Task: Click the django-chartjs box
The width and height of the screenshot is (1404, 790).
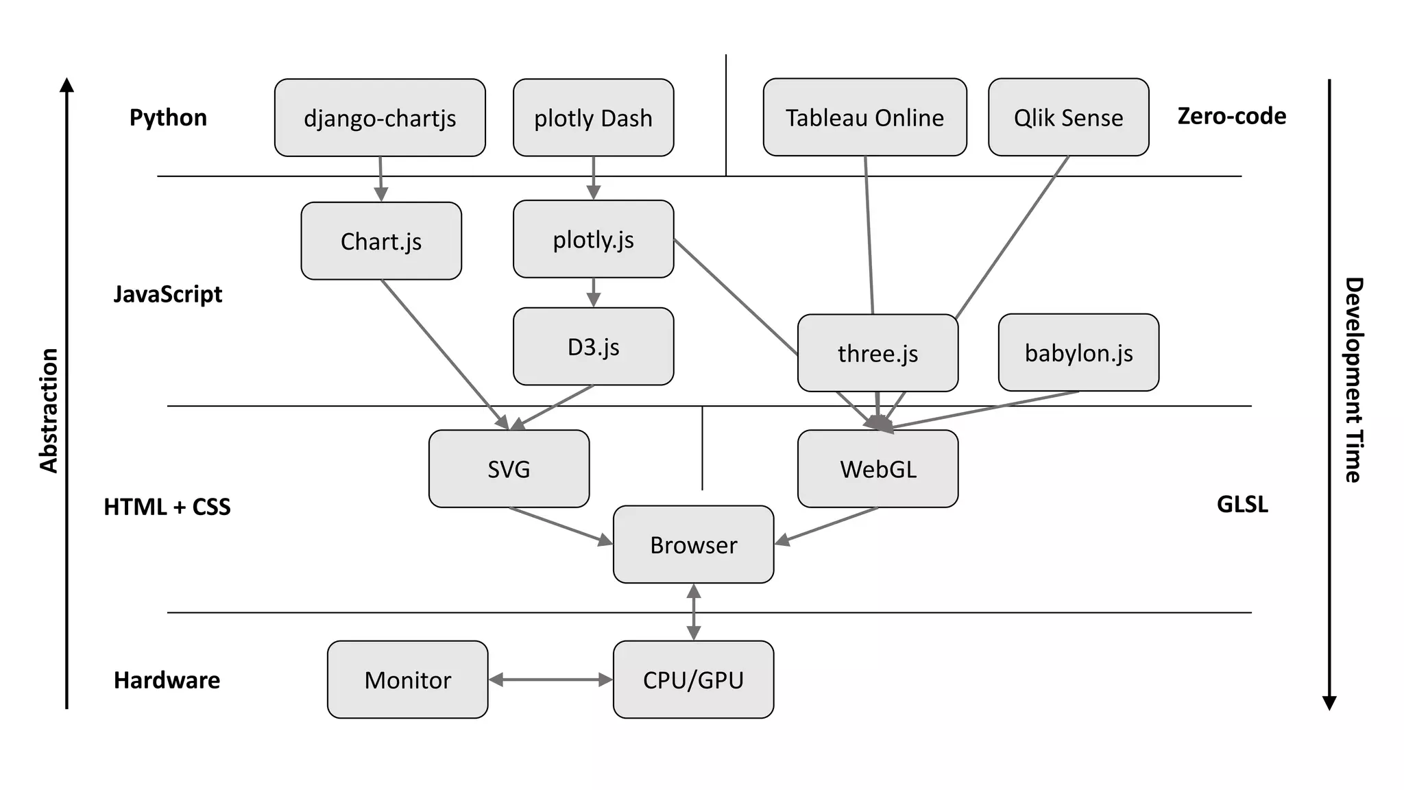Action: [x=380, y=118]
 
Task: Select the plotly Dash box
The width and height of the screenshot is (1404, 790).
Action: [x=593, y=118]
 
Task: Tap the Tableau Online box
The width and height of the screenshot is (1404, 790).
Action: [x=864, y=117]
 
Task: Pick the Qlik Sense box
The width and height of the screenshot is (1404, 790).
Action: [x=1068, y=117]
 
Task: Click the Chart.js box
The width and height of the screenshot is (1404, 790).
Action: [x=381, y=241]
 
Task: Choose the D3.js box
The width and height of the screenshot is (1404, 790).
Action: [x=593, y=346]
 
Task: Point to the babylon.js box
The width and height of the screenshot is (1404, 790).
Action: [x=1078, y=352]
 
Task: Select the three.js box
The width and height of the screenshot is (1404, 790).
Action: [x=877, y=353]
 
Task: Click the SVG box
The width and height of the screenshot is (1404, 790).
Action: [x=509, y=469]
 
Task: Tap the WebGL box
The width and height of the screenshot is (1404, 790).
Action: [x=877, y=469]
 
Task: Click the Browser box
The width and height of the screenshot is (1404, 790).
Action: [x=693, y=544]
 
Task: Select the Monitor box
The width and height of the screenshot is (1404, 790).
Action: [x=407, y=680]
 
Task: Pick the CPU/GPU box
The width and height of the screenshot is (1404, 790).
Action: [x=693, y=680]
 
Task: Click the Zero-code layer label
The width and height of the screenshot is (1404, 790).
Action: [x=1231, y=116]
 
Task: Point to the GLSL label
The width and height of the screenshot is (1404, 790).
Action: [x=1242, y=504]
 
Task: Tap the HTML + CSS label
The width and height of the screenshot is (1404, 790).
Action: [x=167, y=507]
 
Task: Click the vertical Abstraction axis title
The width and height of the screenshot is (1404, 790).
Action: [x=49, y=410]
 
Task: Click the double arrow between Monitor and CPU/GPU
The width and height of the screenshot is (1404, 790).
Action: [x=550, y=680]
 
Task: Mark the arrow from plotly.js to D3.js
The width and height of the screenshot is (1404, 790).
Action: [x=593, y=292]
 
